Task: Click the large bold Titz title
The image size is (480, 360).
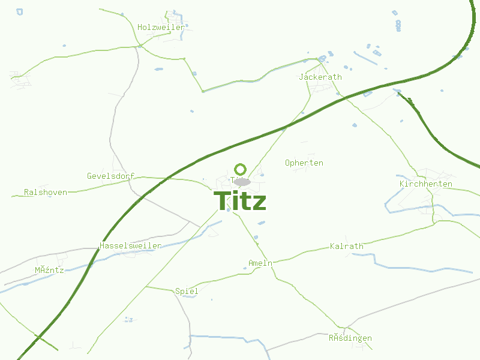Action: [x=240, y=201]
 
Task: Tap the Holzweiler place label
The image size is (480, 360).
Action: [x=161, y=27]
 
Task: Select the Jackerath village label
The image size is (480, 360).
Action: [x=320, y=77]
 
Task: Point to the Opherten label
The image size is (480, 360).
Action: [x=304, y=163]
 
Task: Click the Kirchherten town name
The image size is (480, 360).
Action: [x=425, y=184]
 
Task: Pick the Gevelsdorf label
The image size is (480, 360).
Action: [x=110, y=176]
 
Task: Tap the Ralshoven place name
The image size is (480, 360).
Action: [x=46, y=192]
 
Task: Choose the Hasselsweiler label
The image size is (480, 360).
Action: [x=130, y=246]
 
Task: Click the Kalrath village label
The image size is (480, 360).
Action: [x=347, y=246]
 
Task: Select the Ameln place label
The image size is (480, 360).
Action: [x=260, y=263]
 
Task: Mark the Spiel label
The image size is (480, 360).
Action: [x=187, y=291]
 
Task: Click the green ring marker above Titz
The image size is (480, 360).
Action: [x=241, y=169]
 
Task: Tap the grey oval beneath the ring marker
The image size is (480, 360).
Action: [x=242, y=181]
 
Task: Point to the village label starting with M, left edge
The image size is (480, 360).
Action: [x=49, y=270]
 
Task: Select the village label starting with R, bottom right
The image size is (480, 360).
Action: [x=350, y=338]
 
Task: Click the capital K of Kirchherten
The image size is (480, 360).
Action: [x=402, y=184]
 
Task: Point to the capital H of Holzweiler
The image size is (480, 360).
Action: [x=140, y=27]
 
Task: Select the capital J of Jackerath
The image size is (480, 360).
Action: [x=301, y=77]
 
